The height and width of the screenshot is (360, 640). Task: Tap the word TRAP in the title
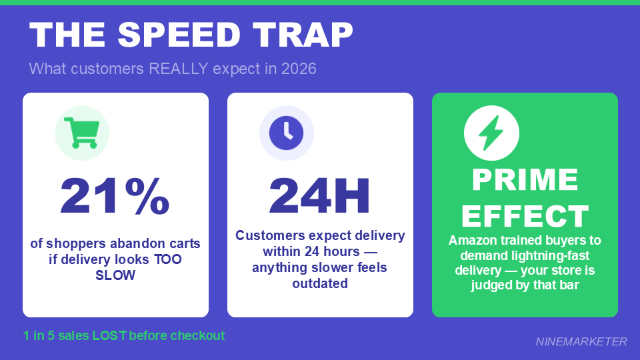pyautogui.click(x=301, y=35)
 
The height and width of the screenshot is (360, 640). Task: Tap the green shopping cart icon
pyautogui.click(x=81, y=133)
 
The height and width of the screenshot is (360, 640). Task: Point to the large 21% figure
pyautogui.click(x=115, y=196)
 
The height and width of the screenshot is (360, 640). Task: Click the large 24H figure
pyautogui.click(x=319, y=196)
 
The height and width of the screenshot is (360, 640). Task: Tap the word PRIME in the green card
pyautogui.click(x=525, y=180)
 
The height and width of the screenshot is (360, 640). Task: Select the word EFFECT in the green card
pyautogui.click(x=525, y=216)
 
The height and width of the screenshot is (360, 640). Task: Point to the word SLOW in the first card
pyautogui.click(x=115, y=275)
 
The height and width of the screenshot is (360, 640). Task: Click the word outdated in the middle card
pyautogui.click(x=320, y=283)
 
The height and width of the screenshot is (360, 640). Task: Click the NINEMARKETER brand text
pyautogui.click(x=581, y=341)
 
